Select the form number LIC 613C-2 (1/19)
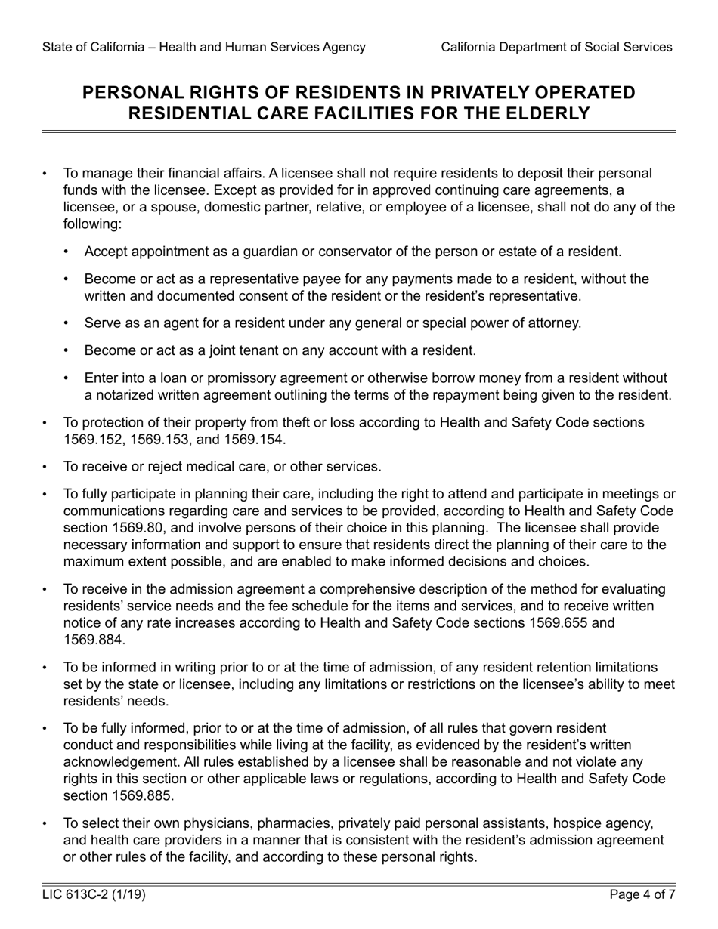tap(94, 896)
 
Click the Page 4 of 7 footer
tap(642, 896)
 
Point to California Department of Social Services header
tap(556, 47)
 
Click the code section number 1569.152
tap(94, 440)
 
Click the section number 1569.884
tap(94, 640)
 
